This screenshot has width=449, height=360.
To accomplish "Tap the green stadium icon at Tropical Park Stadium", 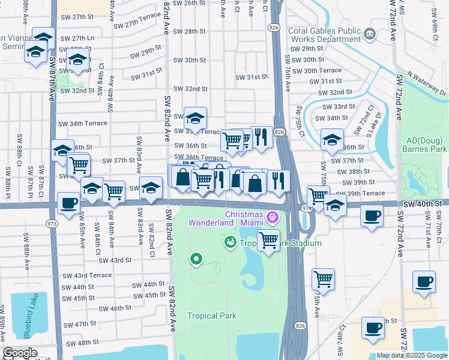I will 229,242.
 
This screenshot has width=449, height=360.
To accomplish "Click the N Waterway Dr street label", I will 427,83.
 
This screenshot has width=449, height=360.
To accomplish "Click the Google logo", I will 20,353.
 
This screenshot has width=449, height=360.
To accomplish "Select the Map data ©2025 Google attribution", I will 412,355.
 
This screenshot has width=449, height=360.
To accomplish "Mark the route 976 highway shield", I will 306,208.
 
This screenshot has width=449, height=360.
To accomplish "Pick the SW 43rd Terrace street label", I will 88,275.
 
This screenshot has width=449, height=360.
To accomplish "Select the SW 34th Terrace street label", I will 83,124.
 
